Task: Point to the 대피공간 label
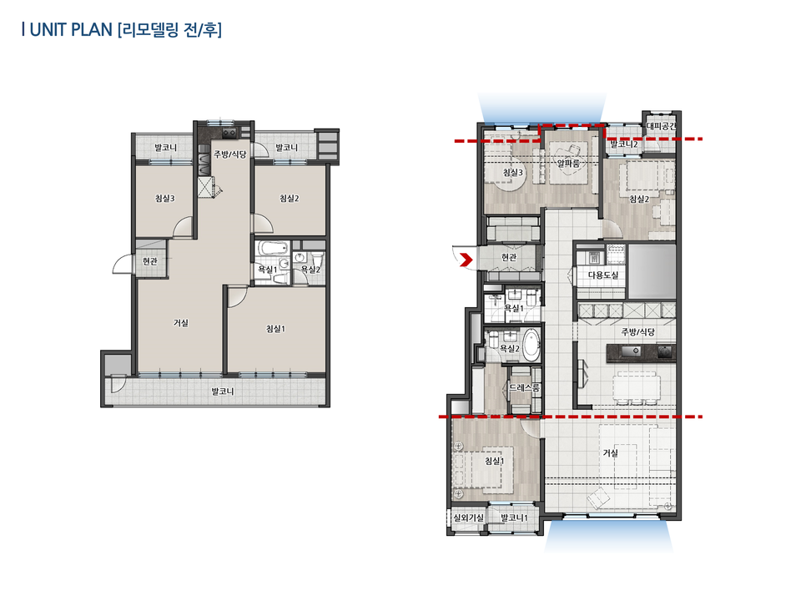coord(662,128)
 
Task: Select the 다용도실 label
coord(602,275)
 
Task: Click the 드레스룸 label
coord(525,389)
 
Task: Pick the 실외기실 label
coord(468,518)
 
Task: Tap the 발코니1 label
coord(514,518)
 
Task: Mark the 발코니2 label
coord(624,144)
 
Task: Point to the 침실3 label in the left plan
coord(164,199)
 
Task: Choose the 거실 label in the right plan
coord(611,453)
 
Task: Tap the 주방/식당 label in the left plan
coord(229,154)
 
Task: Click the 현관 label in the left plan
coord(149,261)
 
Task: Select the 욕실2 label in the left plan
coord(310,270)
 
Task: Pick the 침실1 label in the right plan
coord(495,461)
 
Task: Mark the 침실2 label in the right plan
coord(638,199)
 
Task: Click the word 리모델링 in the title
coord(149,30)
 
